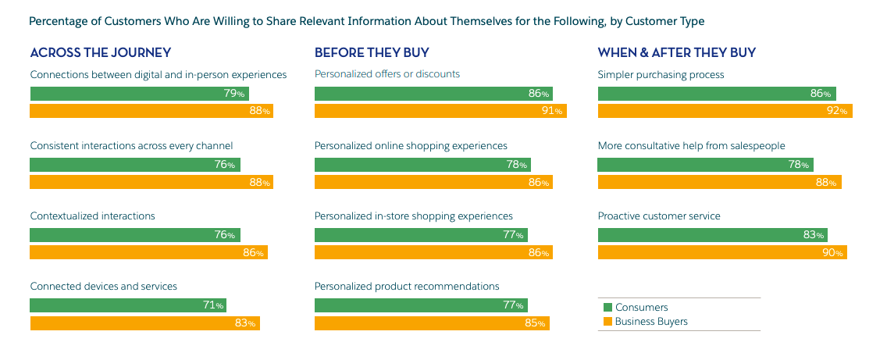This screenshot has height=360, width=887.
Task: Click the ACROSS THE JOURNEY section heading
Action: click(x=100, y=53)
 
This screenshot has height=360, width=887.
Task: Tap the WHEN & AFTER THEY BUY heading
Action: click(x=676, y=53)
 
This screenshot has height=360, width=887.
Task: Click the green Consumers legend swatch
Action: click(x=607, y=308)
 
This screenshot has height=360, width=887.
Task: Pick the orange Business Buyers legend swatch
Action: click(x=607, y=322)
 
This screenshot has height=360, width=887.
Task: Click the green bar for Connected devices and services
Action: click(x=128, y=305)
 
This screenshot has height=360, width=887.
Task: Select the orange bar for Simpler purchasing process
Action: click(x=725, y=111)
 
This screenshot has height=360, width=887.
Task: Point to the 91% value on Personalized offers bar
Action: click(x=552, y=111)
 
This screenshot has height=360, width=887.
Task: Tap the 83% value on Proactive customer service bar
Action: click(x=814, y=235)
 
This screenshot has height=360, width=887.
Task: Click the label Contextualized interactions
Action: click(x=92, y=216)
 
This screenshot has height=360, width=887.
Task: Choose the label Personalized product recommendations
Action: click(x=407, y=287)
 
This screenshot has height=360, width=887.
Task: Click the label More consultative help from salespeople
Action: click(x=691, y=146)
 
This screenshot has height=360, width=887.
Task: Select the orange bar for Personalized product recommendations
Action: click(x=432, y=323)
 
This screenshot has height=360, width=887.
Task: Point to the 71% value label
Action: click(x=214, y=305)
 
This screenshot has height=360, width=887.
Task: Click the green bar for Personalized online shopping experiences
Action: click(x=422, y=165)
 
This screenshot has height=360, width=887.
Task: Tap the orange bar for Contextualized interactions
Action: click(x=148, y=253)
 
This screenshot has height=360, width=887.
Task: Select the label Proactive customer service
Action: click(x=659, y=216)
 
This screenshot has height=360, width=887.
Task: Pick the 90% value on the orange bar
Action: click(x=833, y=253)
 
